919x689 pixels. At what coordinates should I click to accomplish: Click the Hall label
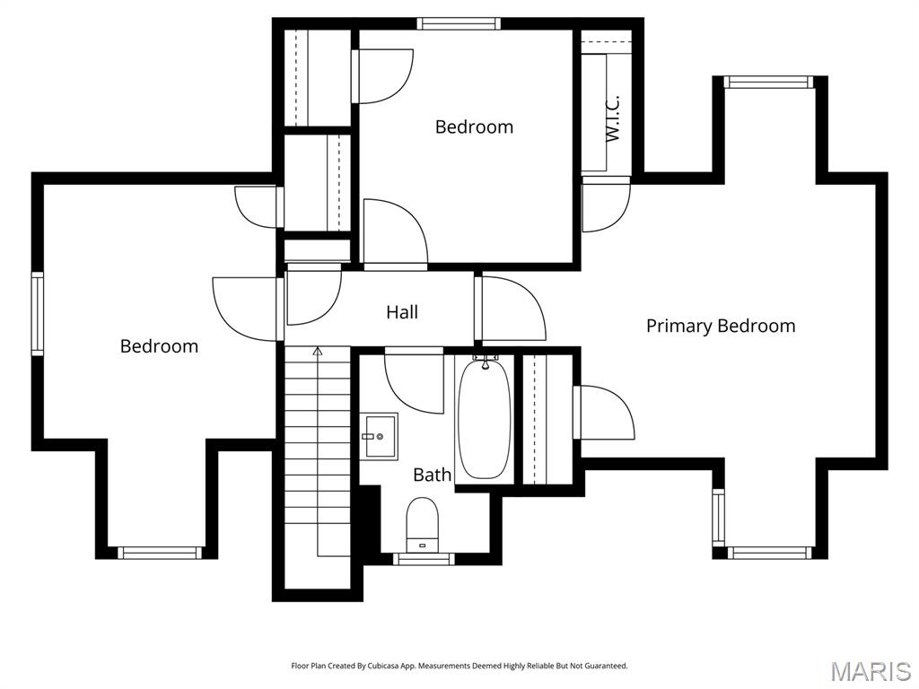pos(402,312)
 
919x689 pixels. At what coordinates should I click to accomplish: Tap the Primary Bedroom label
pos(721,326)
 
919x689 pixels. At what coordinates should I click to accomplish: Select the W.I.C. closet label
pos(613,118)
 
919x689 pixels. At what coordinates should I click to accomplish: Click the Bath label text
pos(432,475)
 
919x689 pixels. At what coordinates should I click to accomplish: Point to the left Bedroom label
pos(159,346)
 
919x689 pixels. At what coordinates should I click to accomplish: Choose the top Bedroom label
pos(474,126)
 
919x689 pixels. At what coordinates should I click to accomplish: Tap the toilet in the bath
pos(422,524)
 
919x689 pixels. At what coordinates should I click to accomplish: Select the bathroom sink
pos(381,436)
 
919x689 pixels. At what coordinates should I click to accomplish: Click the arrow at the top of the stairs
pos(317,353)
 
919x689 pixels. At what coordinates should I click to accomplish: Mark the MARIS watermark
pos(870,671)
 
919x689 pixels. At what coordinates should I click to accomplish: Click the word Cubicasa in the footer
pos(391,666)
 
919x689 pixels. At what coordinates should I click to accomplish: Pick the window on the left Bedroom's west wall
pos(38,314)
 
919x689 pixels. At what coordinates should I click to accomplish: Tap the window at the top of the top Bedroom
pos(459,23)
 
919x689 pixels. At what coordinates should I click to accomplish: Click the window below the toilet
pos(424,559)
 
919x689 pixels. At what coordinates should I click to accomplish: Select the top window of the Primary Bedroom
pos(769,82)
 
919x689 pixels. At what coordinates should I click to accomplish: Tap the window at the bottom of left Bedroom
pos(159,553)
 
